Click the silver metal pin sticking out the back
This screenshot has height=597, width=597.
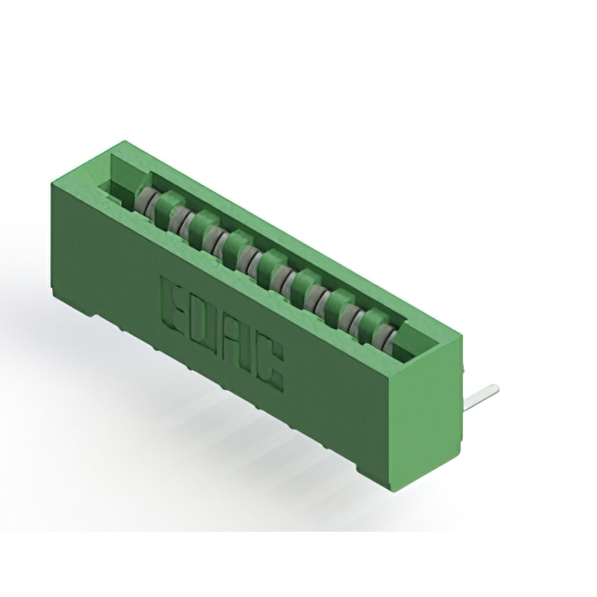point(480,398)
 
